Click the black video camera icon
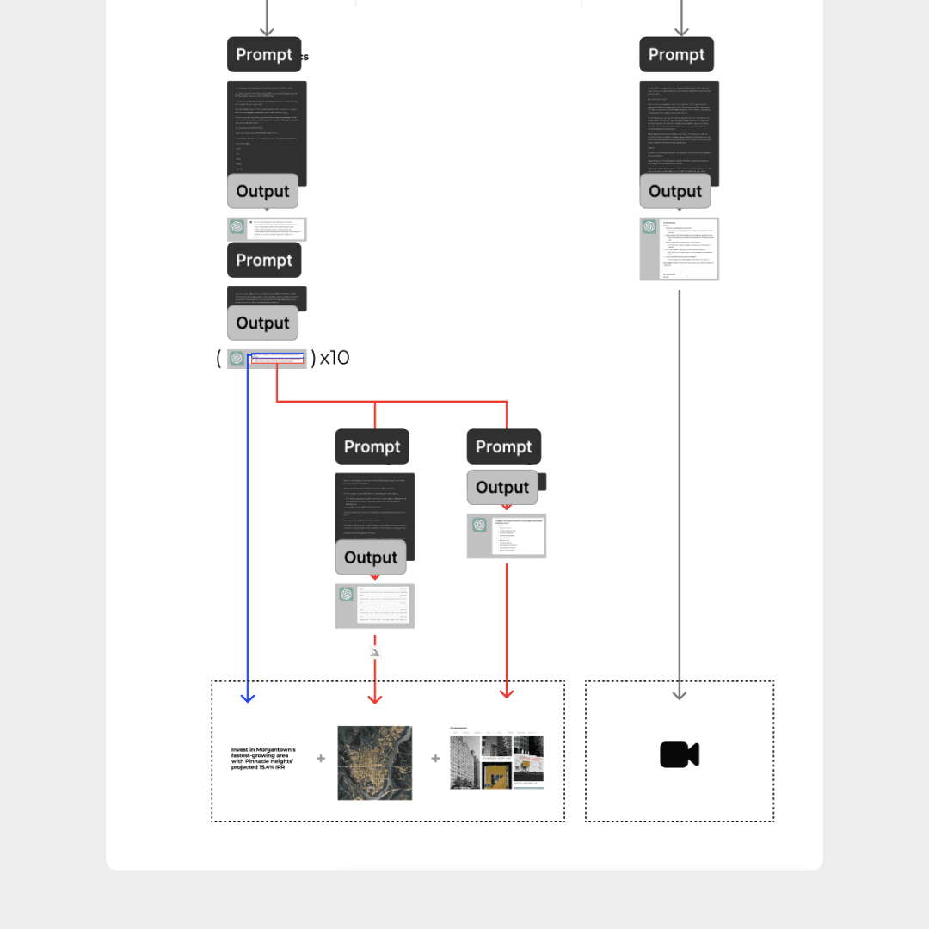pyautogui.click(x=679, y=755)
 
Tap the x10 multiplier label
pyautogui.click(x=335, y=358)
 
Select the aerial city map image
pyautogui.click(x=374, y=762)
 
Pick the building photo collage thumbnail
pyautogui.click(x=496, y=758)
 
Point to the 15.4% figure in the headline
pyautogui.click(x=272, y=766)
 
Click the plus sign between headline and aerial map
pyautogui.click(x=321, y=759)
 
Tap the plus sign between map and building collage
pyautogui.click(x=435, y=759)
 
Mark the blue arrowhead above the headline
pyautogui.click(x=248, y=698)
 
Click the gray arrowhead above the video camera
pyautogui.click(x=679, y=694)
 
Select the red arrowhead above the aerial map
pyautogui.click(x=374, y=698)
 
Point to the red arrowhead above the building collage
pyautogui.click(x=507, y=693)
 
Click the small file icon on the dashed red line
pyautogui.click(x=374, y=652)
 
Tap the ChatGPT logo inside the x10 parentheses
pyautogui.click(x=237, y=359)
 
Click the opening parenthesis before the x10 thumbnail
pyautogui.click(x=219, y=358)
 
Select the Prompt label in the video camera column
pyautogui.click(x=676, y=54)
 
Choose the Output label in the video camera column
pyautogui.click(x=675, y=191)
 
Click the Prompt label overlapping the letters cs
pyautogui.click(x=264, y=54)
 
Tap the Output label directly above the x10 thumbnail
pyautogui.click(x=262, y=323)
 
